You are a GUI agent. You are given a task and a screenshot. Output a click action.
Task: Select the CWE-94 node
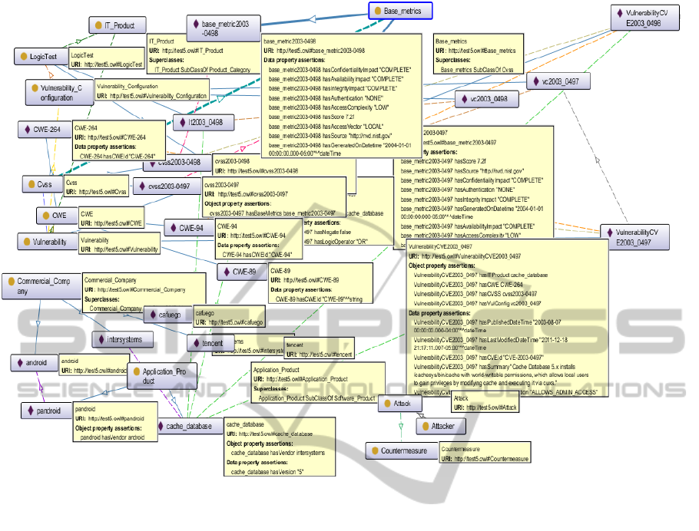pyautogui.click(x=188, y=228)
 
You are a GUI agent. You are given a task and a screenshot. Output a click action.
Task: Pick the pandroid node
pyautogui.click(x=45, y=411)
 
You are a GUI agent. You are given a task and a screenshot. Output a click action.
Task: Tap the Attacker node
pyautogui.click(x=440, y=425)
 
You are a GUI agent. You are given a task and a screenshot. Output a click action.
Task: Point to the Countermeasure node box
pyautogui.click(x=399, y=451)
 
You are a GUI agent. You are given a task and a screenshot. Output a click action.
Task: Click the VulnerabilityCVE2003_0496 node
pyautogui.click(x=648, y=18)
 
